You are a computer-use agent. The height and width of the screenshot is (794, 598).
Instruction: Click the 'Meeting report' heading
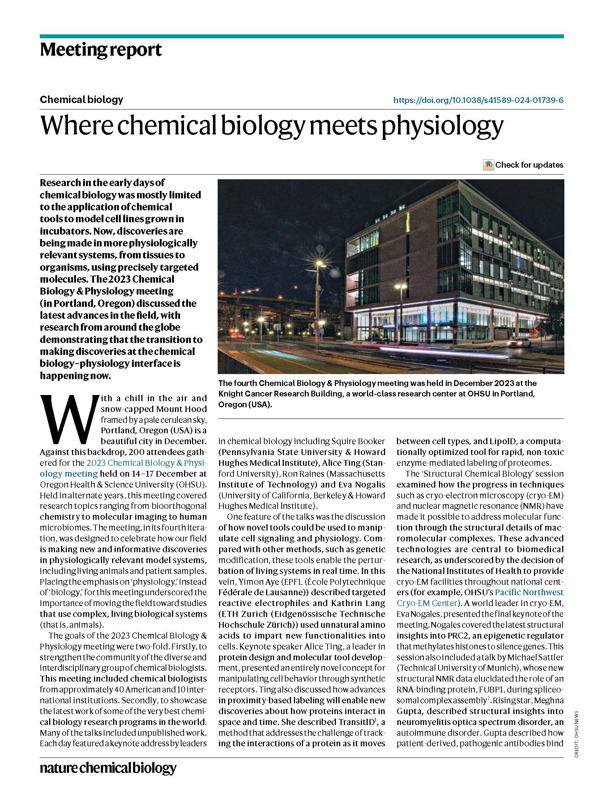click(x=101, y=50)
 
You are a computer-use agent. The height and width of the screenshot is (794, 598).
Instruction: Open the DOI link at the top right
click(x=478, y=100)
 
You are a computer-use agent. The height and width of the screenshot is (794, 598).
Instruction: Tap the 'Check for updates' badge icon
click(x=488, y=165)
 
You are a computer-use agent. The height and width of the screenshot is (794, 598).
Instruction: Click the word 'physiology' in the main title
click(x=442, y=125)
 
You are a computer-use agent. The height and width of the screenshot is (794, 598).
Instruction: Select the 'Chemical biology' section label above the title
click(x=81, y=99)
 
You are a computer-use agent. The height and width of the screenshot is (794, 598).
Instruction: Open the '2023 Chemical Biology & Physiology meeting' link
click(x=146, y=463)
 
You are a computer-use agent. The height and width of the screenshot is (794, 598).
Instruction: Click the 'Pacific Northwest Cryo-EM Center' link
click(x=529, y=592)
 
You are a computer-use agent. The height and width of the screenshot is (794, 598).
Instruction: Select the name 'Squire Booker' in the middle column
click(x=358, y=441)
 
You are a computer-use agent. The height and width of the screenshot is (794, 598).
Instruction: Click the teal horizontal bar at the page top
click(x=302, y=36)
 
